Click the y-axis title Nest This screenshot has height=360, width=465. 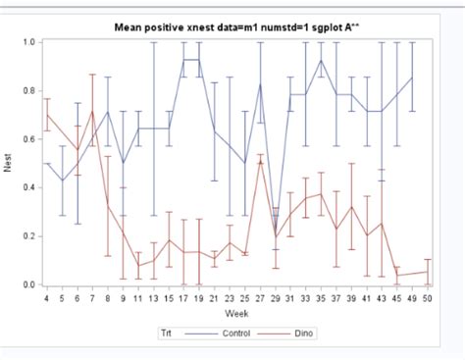(x=9, y=164)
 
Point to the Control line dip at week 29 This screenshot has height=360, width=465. (x=276, y=236)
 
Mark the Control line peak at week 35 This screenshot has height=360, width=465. (x=321, y=61)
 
